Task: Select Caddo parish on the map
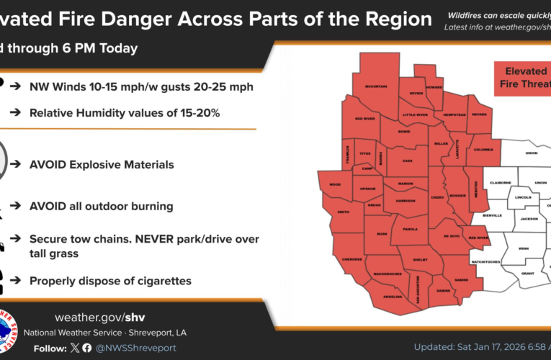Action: (x=439, y=197)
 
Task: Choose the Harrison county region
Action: (x=405, y=202)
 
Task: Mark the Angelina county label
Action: (x=392, y=296)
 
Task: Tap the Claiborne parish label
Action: (x=501, y=182)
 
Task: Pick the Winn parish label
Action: (x=523, y=249)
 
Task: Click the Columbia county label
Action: (x=482, y=150)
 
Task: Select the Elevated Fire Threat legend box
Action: (x=518, y=78)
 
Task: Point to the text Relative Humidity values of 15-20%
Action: (x=124, y=113)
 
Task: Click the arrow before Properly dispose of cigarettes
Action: (x=16, y=281)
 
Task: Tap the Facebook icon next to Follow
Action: (x=87, y=348)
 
